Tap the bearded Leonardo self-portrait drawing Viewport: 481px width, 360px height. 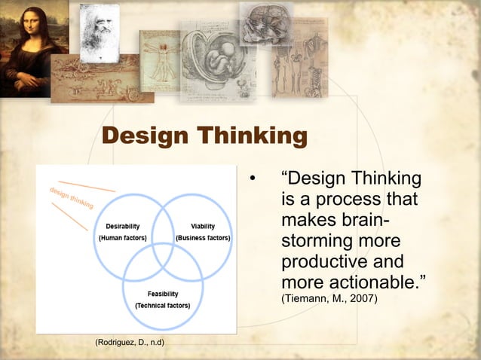click(100, 32)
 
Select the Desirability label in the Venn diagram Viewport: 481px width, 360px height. click(122, 226)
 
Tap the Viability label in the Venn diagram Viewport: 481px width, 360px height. click(202, 226)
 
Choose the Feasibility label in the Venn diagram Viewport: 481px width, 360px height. click(163, 294)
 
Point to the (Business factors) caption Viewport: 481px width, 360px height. click(203, 238)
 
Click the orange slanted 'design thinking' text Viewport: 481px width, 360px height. click(72, 197)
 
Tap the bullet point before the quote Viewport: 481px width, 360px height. click(253, 179)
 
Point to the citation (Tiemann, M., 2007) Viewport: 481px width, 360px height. click(329, 300)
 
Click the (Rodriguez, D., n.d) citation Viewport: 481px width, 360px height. click(130, 343)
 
